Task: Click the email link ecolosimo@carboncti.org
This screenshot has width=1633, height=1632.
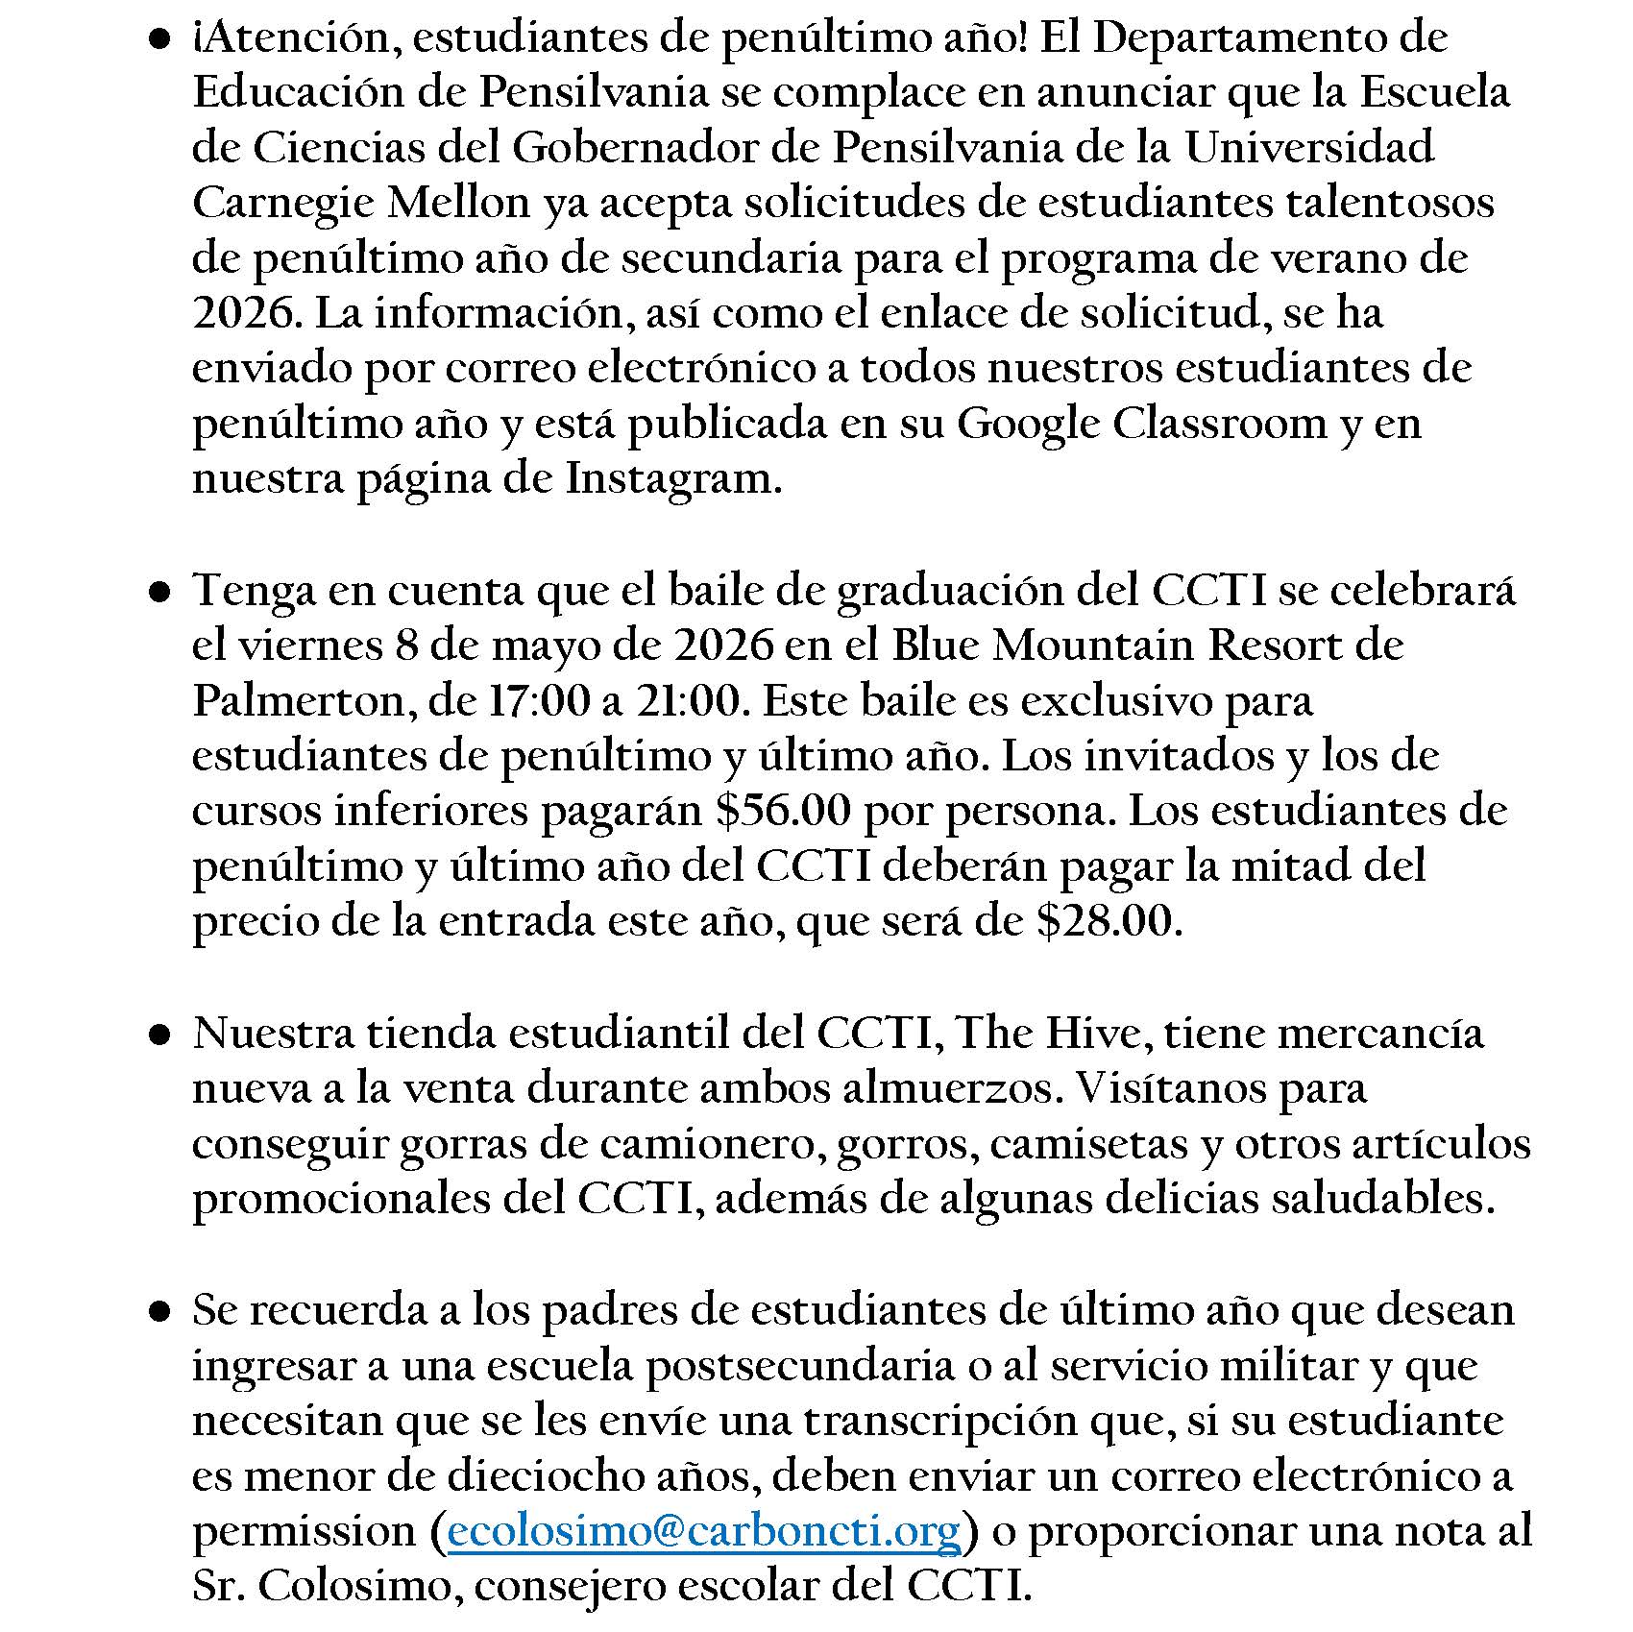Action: [704, 1531]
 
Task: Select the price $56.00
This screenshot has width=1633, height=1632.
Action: [783, 811]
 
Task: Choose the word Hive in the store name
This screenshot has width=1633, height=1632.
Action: [1092, 1034]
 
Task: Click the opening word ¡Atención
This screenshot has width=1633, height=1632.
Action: [293, 38]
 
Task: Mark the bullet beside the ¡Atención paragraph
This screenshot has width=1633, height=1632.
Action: [160, 39]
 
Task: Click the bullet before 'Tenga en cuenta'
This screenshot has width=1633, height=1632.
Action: [160, 592]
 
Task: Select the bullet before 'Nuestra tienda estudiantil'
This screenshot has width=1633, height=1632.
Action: [160, 1035]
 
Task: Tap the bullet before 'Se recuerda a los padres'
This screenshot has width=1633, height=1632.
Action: [160, 1312]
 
